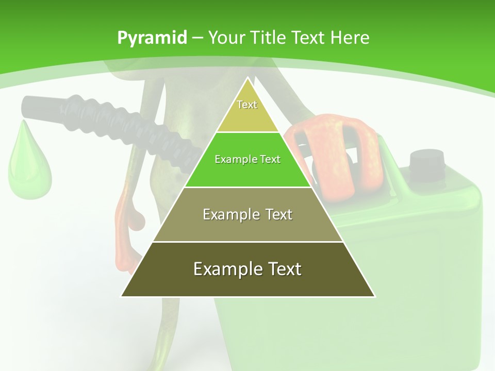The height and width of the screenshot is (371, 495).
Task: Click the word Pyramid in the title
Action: coord(152,38)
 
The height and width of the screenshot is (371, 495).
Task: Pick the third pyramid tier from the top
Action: coord(247,227)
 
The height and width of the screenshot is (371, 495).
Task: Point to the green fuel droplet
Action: coord(29,165)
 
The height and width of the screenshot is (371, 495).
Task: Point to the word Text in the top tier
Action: coord(247,105)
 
